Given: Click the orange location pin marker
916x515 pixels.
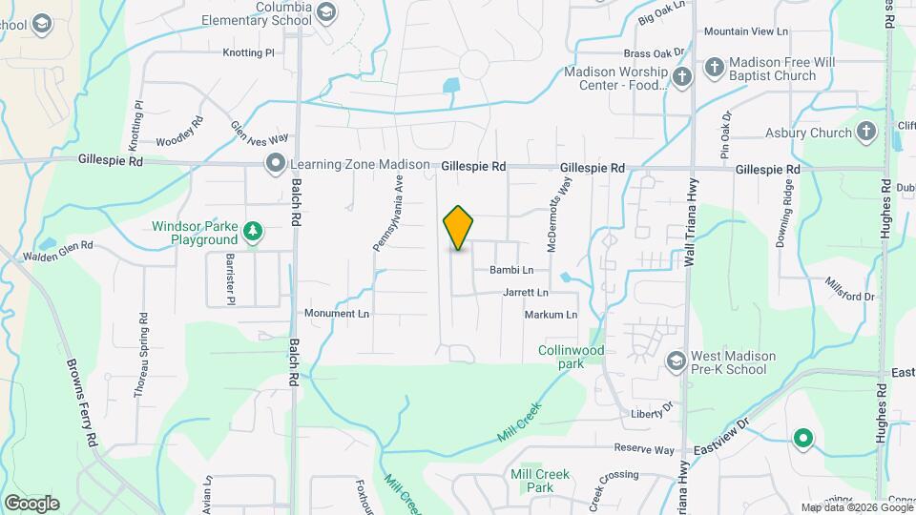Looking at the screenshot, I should tap(458, 227).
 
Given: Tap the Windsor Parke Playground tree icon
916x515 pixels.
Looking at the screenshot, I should tap(252, 230).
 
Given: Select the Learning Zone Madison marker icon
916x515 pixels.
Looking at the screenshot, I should tap(276, 164).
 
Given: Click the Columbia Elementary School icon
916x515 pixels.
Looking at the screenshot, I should tap(326, 11).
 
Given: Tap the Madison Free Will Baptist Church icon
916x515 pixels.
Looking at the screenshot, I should tap(715, 68).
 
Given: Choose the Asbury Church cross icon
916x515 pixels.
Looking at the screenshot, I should tap(866, 132).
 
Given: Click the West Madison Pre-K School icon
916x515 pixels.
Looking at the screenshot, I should tap(676, 360).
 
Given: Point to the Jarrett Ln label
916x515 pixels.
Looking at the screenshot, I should tap(526, 292).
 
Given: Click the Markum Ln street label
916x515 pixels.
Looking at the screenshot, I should tap(551, 315).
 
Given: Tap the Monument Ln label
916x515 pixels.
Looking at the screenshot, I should tap(336, 313).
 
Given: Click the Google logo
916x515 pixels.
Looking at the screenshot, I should tap(31, 503).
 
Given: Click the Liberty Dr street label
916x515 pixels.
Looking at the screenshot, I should tap(652, 414).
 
